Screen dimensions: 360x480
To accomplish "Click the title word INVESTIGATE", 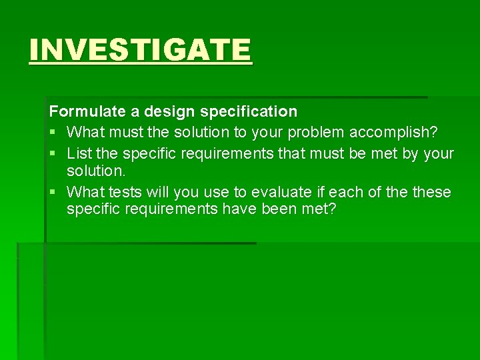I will point(141,50).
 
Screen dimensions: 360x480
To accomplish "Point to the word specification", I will point(237,111).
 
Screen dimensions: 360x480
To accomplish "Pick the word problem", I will point(312,133).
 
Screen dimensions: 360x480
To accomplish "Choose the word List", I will point(79,154).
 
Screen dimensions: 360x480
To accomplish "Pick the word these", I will point(431,193).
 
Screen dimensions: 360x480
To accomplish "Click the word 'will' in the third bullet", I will point(159,193).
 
